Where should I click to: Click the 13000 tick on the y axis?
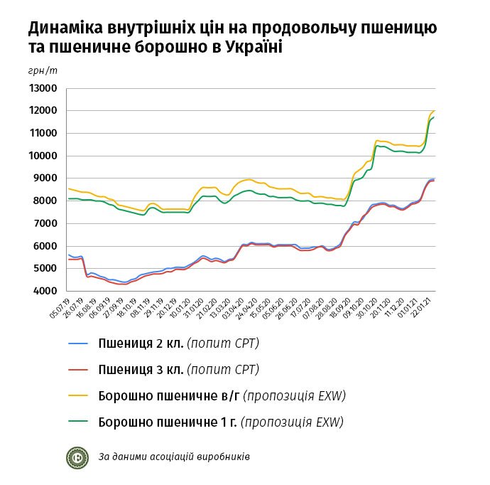[43, 88]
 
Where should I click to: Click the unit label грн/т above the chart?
[43, 71]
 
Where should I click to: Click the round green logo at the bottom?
[77, 456]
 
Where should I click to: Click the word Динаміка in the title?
[66, 29]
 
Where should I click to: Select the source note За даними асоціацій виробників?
[174, 457]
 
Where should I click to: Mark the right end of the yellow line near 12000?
[434, 111]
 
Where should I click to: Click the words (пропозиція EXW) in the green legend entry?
[292, 422]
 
